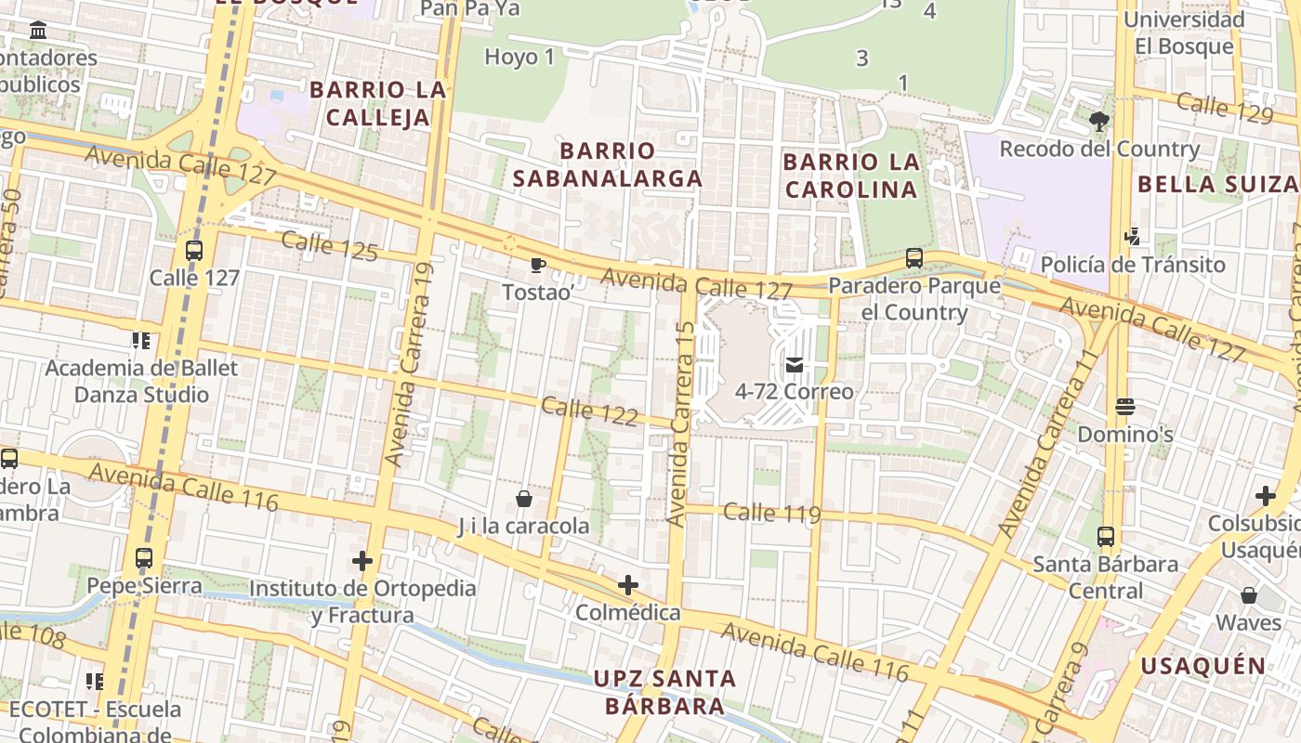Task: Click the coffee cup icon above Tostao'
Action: point(537,266)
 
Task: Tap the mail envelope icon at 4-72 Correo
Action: point(794,364)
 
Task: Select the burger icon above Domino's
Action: point(1125,407)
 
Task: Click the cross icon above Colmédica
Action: point(628,585)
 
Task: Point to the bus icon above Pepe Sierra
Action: point(143,558)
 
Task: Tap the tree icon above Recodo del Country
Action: point(1099,121)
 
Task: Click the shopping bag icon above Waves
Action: point(1249,594)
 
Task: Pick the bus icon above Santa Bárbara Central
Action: point(1105,536)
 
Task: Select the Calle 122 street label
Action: point(589,411)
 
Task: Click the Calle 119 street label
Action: point(771,513)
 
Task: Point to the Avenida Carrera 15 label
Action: point(681,424)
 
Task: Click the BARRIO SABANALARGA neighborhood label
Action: point(608,164)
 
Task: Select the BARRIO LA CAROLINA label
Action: point(850,176)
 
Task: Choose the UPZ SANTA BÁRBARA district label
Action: point(664,692)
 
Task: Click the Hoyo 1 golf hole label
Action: point(519,57)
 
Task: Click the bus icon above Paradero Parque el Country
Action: point(914,258)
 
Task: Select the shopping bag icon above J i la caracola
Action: point(524,499)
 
